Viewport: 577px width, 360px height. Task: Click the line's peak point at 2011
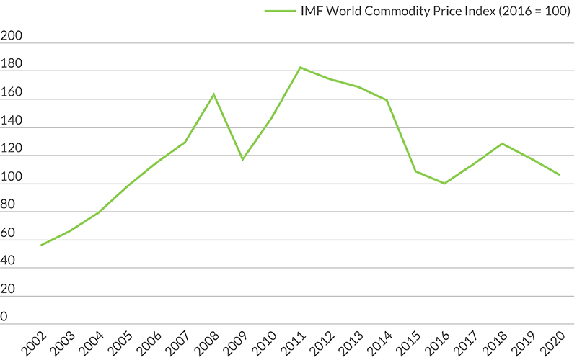[x=300, y=68]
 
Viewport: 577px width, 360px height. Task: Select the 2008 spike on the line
[x=214, y=94]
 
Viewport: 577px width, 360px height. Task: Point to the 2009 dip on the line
[x=242, y=159]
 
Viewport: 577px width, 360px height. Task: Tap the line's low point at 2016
[x=444, y=184]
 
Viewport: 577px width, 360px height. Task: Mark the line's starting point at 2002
[x=42, y=245]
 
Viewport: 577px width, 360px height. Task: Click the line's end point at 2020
[x=559, y=174]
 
